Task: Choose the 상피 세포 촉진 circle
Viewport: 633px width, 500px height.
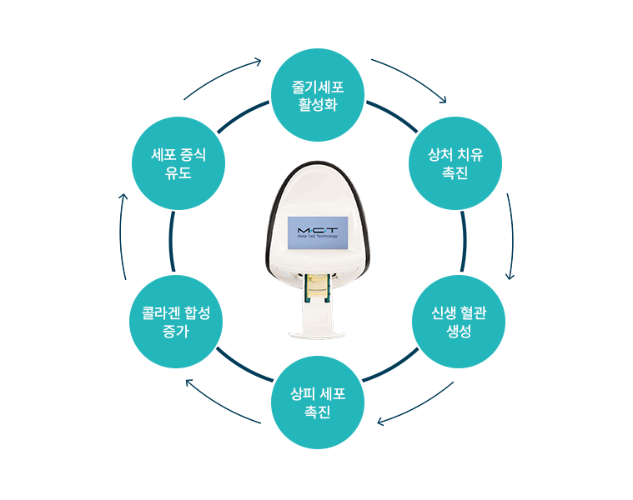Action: click(318, 401)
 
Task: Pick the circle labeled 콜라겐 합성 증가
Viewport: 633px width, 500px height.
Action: click(175, 321)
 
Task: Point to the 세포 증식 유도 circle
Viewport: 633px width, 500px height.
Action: click(178, 163)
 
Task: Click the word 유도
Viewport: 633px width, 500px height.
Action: click(178, 173)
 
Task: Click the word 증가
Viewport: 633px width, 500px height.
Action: click(175, 331)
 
